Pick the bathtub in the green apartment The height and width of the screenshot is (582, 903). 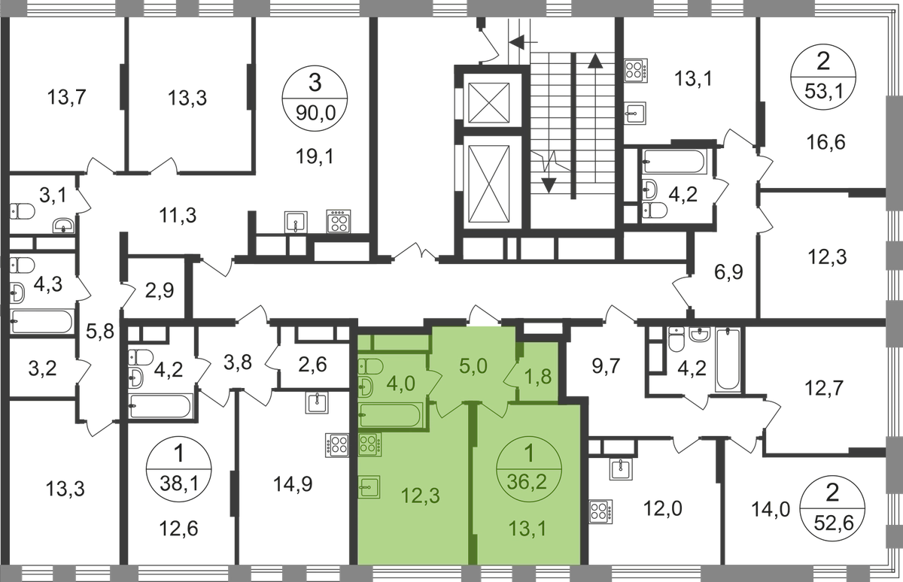click(x=388, y=417)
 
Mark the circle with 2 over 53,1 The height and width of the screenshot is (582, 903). click(x=825, y=76)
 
